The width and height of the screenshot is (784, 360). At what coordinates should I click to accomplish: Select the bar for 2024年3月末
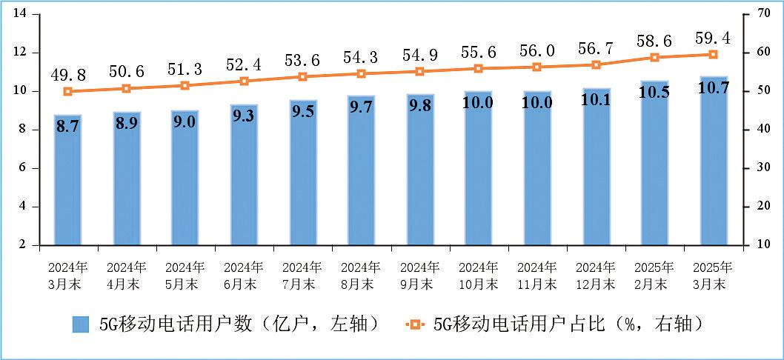click(67, 185)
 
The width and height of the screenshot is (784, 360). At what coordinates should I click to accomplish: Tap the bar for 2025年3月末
click(714, 170)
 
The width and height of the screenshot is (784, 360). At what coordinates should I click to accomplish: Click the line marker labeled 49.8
click(67, 91)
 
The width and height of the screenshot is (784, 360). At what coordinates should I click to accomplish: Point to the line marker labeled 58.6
click(654, 57)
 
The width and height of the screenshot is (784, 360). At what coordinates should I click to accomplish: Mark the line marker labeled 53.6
click(302, 76)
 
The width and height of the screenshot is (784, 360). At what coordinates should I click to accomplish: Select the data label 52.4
click(244, 64)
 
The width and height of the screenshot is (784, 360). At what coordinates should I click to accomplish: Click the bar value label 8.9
click(127, 124)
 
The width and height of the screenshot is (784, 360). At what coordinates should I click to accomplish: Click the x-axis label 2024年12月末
click(596, 275)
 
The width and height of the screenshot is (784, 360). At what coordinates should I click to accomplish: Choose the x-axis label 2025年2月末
click(654, 275)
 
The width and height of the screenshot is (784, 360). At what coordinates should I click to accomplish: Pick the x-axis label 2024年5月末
click(185, 275)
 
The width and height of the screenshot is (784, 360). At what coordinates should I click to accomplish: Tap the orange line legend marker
click(415, 324)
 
